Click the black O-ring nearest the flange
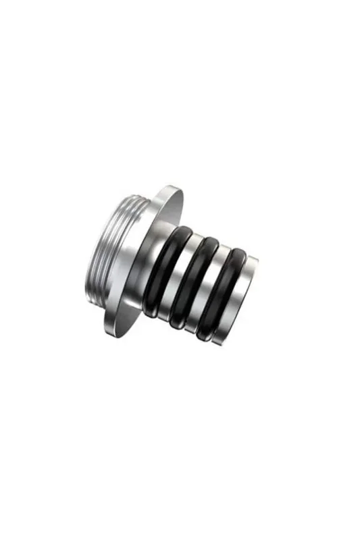[161, 272]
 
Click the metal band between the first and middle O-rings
[178, 278]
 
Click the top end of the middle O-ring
[209, 241]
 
